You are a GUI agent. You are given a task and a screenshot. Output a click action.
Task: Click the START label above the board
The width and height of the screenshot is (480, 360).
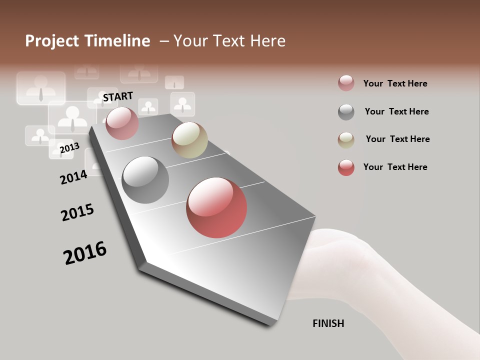(x=118, y=96)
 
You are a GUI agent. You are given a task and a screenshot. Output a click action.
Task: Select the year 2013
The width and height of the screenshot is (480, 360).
(x=69, y=148)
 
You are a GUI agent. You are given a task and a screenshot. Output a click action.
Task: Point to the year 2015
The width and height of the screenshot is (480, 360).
(x=77, y=212)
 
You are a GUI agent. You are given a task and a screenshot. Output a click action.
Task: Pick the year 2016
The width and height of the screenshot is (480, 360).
(x=85, y=252)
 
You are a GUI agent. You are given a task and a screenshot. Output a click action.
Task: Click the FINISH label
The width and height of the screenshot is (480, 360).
(x=328, y=323)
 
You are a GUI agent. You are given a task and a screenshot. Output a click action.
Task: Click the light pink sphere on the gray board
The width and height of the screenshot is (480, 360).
(x=122, y=123)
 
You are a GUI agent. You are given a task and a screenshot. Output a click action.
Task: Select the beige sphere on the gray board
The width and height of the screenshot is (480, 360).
(x=189, y=140)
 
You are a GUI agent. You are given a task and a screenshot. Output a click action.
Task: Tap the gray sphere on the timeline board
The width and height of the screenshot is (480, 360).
(x=145, y=180)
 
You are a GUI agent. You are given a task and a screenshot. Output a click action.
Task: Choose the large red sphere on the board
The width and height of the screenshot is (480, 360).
(x=216, y=207)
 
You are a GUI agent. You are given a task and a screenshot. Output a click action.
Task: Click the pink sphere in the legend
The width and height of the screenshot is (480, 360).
(x=346, y=83)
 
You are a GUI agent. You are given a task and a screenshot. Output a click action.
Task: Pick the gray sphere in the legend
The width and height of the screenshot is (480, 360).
(x=346, y=112)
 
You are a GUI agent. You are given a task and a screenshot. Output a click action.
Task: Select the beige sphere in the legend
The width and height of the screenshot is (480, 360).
(x=346, y=140)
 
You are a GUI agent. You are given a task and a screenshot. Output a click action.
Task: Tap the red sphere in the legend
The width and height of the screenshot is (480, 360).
(x=346, y=167)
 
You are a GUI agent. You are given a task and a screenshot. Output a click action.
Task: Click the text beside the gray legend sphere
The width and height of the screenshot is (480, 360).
(x=396, y=111)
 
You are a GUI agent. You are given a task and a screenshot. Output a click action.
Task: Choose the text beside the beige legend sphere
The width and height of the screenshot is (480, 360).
(x=397, y=139)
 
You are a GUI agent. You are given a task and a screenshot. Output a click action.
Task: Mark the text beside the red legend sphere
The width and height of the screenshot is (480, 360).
(x=395, y=167)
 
